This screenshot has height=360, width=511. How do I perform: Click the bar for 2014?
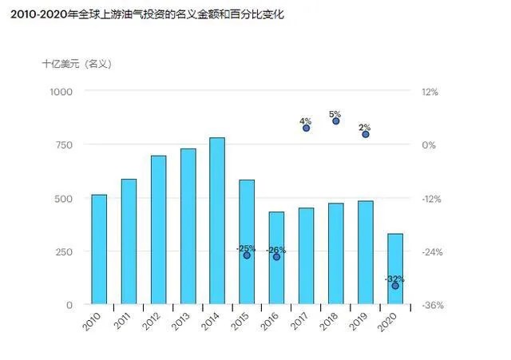217,221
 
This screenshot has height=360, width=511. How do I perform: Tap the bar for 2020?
395,269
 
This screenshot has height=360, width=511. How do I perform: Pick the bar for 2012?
158,230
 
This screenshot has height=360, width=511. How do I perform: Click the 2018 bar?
336,254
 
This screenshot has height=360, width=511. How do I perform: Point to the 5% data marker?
336,121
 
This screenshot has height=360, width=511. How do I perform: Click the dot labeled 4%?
307,128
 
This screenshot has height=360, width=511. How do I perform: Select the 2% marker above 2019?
366,134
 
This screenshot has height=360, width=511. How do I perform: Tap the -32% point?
395,286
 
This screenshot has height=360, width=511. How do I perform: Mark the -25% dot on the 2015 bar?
247,255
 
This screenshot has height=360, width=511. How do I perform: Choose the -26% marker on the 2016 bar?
276,257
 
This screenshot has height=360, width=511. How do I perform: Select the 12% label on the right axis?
430,92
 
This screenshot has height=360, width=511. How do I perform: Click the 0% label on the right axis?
430,144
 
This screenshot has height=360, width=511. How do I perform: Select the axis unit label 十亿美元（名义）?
77,64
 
